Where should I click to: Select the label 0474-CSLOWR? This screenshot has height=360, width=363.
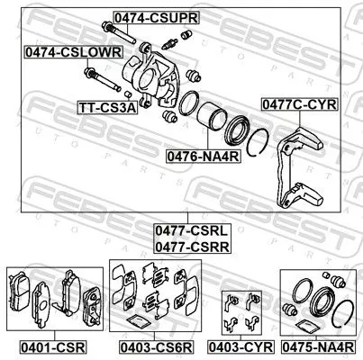pyautogui.click(x=73, y=53)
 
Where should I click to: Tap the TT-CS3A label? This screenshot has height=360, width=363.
pyautogui.click(x=106, y=107)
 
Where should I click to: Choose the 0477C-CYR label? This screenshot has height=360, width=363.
pyautogui.click(x=298, y=104)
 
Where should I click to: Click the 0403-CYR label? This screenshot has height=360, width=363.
pyautogui.click(x=240, y=345)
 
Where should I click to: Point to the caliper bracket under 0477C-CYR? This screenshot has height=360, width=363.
pyautogui.click(x=296, y=166)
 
